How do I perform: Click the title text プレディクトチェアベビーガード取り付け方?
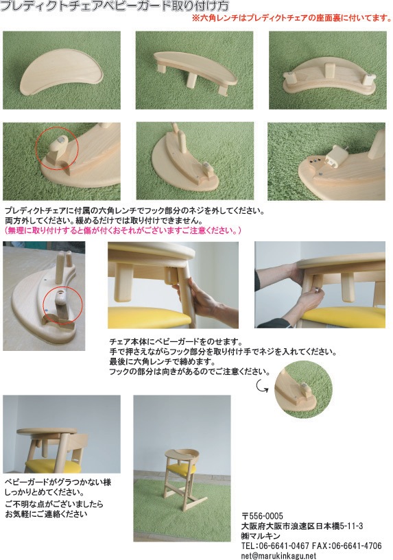[115, 5]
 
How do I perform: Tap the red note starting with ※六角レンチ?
[292, 18]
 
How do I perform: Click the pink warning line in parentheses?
[123, 230]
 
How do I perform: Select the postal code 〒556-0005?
[262, 515]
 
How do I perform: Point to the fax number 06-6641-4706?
[357, 546]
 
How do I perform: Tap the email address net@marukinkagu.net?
[278, 556]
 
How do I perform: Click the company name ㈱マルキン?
[261, 536]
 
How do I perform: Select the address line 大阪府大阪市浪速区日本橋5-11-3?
[302, 526]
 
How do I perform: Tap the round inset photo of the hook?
[303, 389]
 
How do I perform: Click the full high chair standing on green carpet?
[183, 475]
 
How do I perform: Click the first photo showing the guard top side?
[62, 70]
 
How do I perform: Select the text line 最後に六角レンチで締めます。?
[163, 362]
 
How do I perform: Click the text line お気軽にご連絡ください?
[47, 514]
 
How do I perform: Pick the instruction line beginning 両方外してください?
[104, 221]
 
